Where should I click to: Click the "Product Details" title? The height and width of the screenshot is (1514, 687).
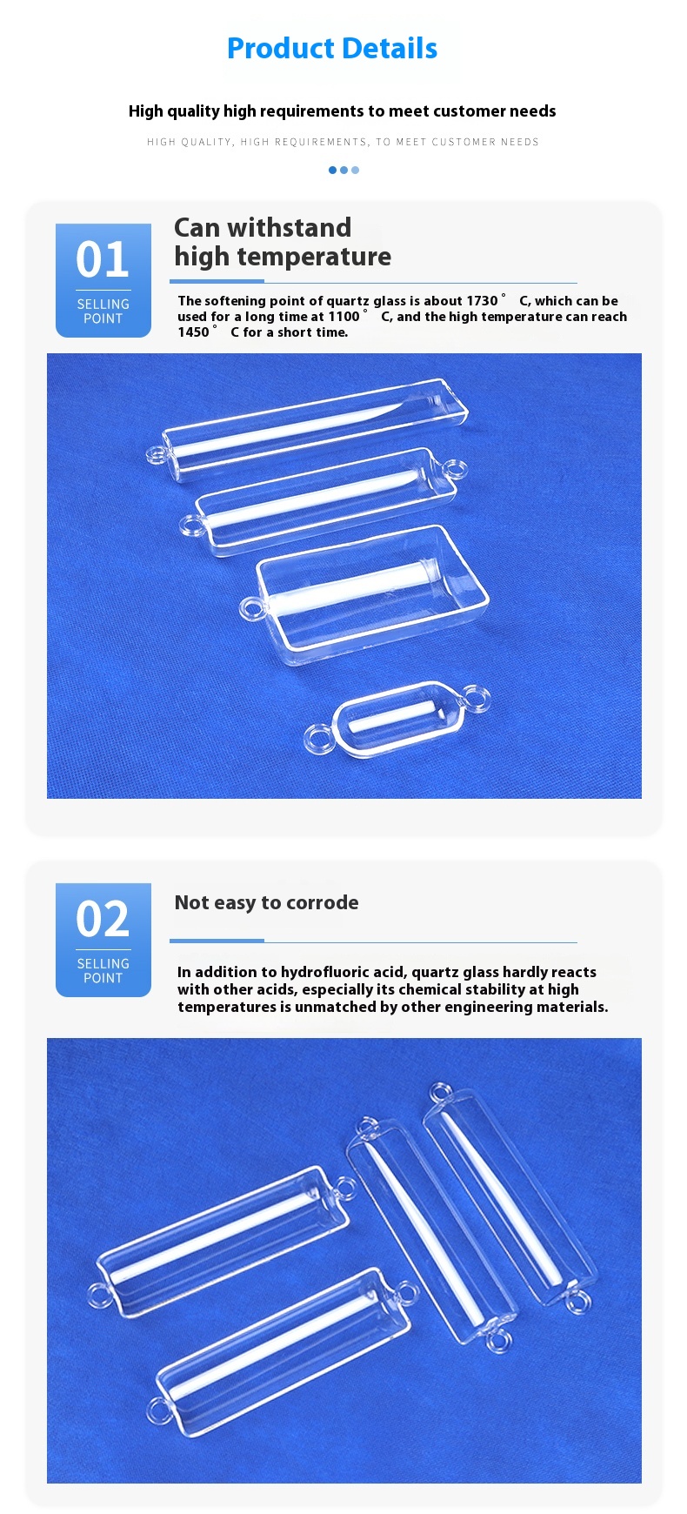tap(332, 49)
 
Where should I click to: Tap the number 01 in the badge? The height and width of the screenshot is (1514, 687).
tap(103, 259)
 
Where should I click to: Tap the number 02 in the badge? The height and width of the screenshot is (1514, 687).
tap(103, 919)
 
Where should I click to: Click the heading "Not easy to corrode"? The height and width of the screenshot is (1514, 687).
tap(266, 903)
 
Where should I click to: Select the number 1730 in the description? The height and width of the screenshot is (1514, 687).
tap(482, 301)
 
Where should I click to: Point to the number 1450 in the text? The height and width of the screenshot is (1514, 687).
tap(193, 332)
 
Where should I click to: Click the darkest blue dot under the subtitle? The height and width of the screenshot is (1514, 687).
tap(332, 171)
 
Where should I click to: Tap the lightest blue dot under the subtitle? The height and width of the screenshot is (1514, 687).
tap(355, 171)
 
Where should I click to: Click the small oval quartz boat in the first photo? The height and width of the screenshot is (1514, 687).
tap(396, 719)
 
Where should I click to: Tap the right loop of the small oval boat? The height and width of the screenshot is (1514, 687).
tap(476, 697)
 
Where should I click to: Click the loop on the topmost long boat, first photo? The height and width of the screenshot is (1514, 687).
tap(157, 454)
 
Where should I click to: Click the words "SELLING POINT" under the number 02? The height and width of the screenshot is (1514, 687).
tap(103, 971)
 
